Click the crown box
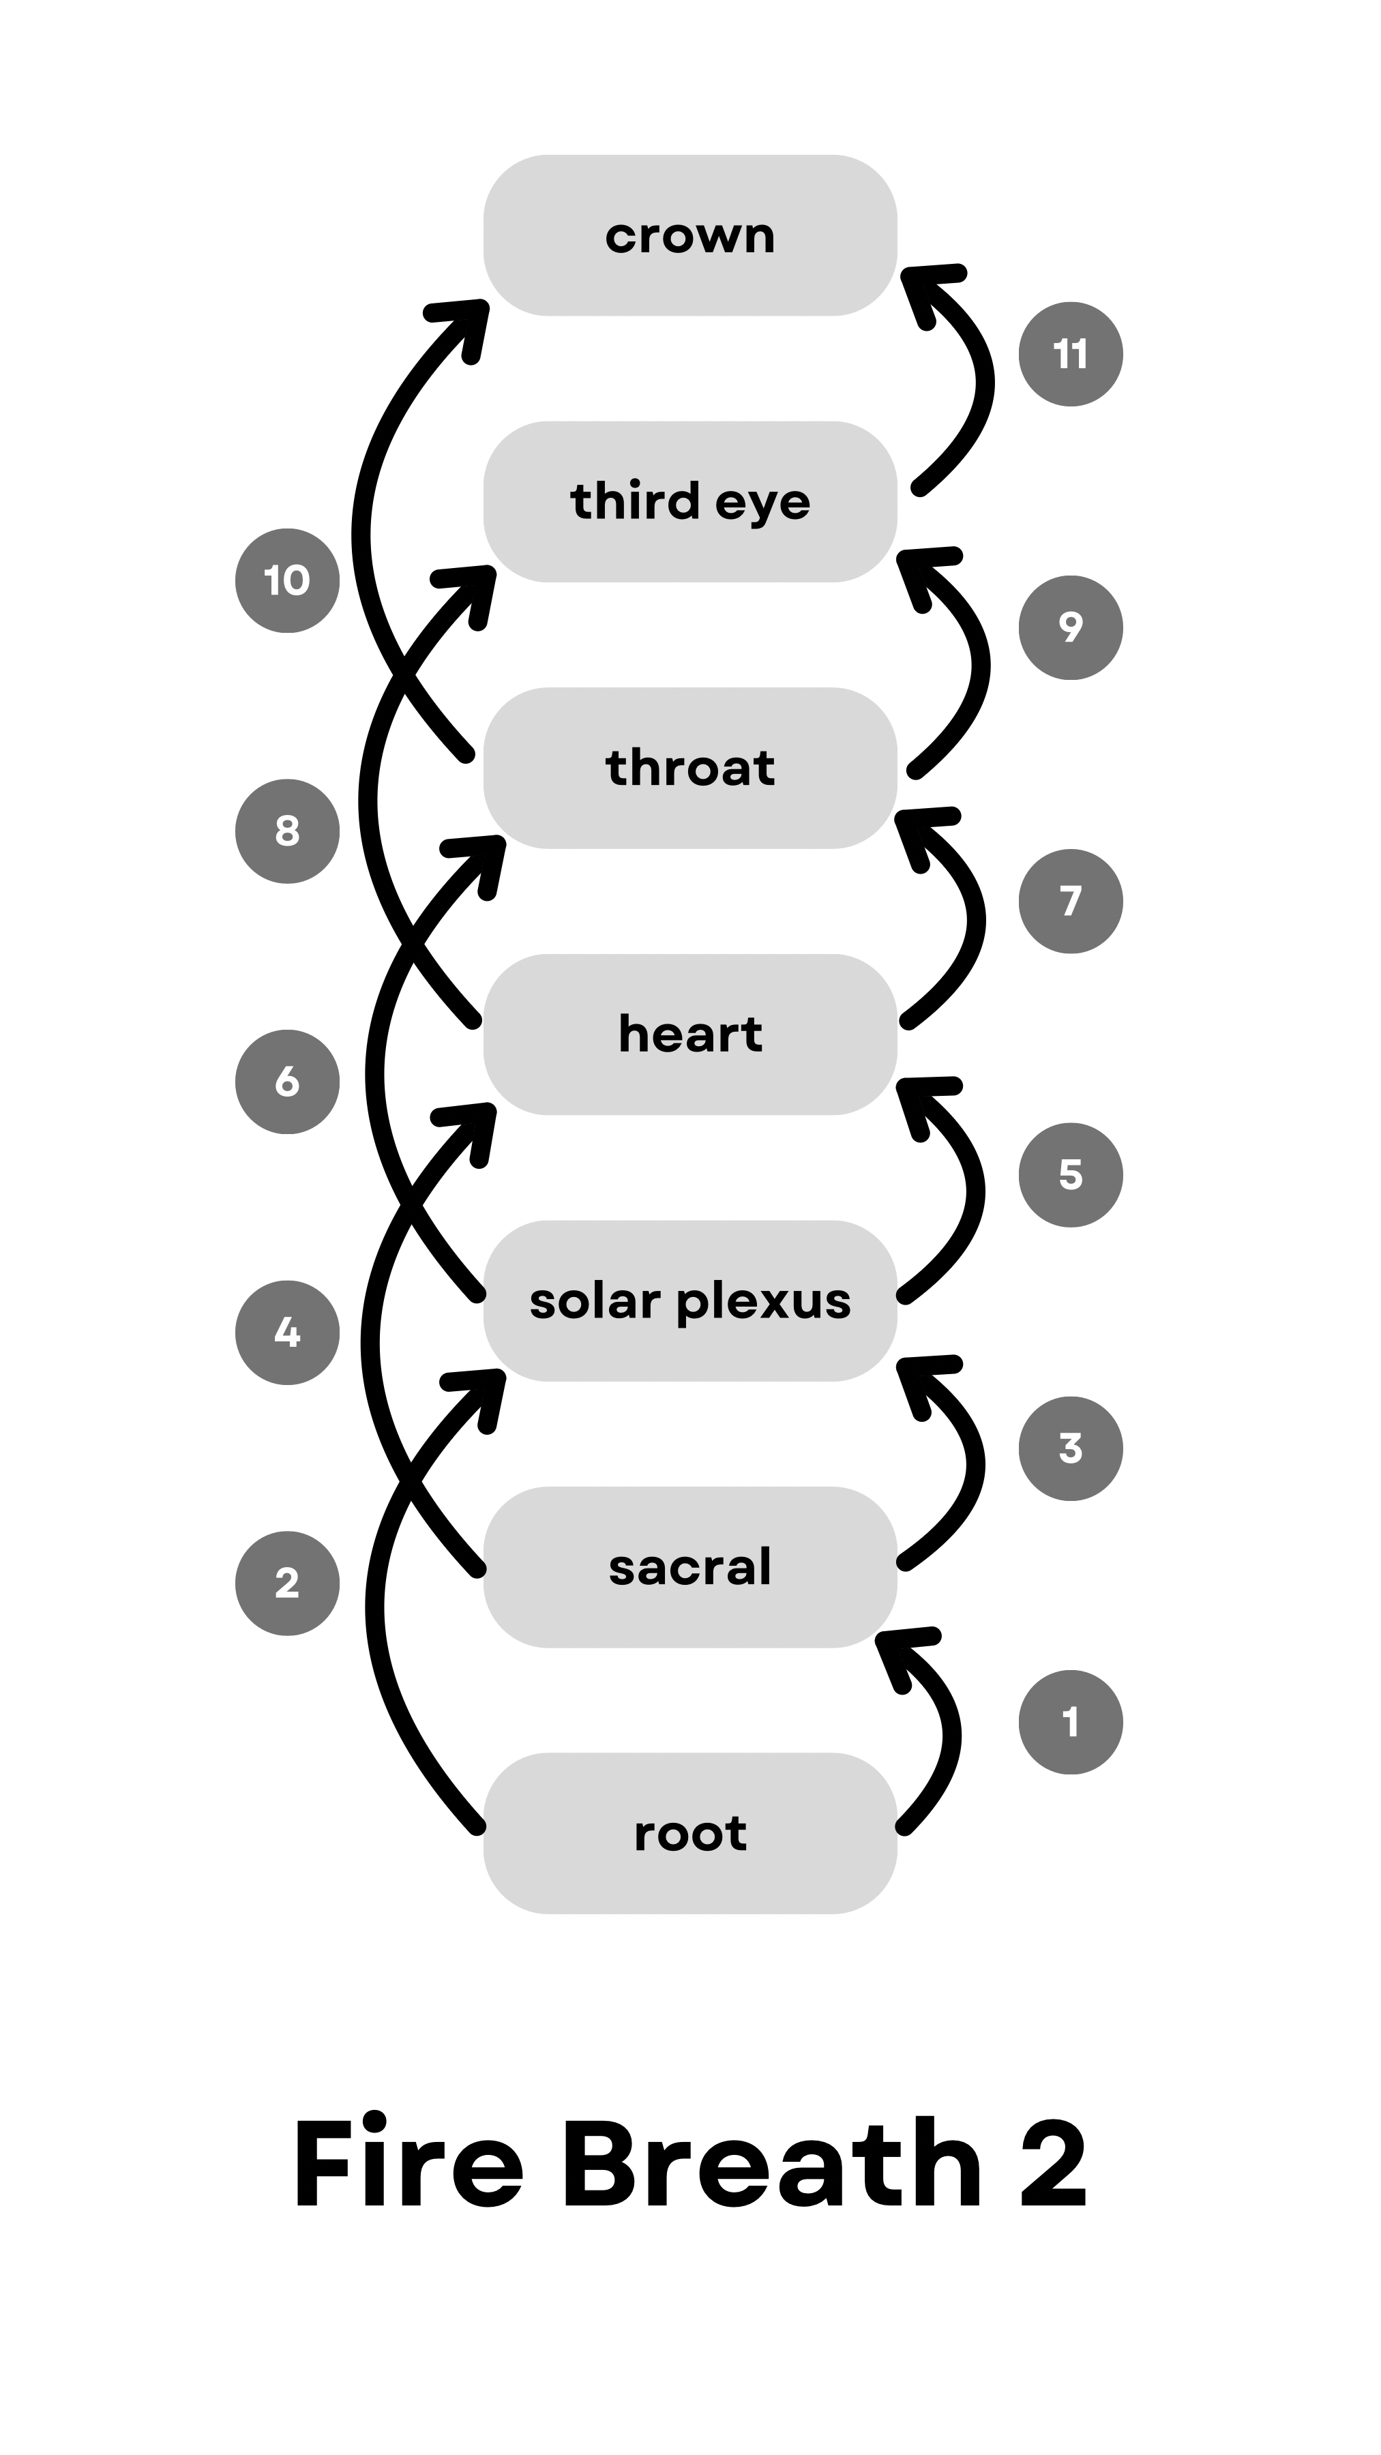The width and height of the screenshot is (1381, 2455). click(x=690, y=235)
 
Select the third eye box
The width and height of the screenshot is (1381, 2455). click(x=690, y=501)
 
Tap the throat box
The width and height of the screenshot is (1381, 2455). click(x=690, y=768)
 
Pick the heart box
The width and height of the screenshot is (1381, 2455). click(x=690, y=1034)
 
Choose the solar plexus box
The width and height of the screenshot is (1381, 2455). click(x=690, y=1301)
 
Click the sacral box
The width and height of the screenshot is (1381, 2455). click(x=690, y=1567)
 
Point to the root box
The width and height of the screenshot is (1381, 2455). click(x=690, y=1834)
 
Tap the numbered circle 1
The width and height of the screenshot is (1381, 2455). click(x=1070, y=1722)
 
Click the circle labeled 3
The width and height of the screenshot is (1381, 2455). click(x=1070, y=1448)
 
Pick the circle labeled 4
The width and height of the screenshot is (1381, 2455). click(x=287, y=1333)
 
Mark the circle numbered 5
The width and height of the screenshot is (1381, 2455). click(x=1070, y=1175)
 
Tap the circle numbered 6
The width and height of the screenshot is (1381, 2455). click(x=287, y=1082)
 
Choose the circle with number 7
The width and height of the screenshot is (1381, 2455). click(x=1070, y=902)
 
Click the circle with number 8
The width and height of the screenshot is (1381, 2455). click(x=287, y=831)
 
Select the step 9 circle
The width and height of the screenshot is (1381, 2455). click(x=1070, y=627)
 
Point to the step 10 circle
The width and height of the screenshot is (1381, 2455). click(x=287, y=580)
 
